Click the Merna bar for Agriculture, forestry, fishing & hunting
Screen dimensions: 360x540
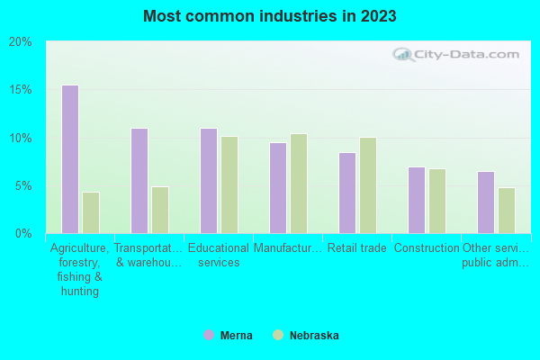click(69, 159)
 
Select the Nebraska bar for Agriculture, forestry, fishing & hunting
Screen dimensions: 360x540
click(91, 212)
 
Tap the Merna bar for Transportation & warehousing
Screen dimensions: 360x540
click(139, 181)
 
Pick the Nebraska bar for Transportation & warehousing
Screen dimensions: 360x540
click(160, 210)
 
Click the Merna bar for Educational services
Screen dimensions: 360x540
click(208, 181)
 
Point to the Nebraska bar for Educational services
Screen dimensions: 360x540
click(229, 184)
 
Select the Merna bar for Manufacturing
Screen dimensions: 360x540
click(277, 188)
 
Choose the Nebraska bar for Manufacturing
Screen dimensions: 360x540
click(299, 184)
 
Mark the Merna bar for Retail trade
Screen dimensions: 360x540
click(346, 193)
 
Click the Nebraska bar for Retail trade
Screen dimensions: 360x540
click(368, 185)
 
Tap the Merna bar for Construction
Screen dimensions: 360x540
click(416, 200)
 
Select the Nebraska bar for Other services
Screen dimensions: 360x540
click(507, 211)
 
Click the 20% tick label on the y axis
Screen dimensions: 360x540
click(21, 42)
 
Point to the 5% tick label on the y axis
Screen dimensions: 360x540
click(23, 186)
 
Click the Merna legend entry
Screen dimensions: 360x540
click(229, 336)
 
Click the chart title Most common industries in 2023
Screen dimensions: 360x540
click(269, 16)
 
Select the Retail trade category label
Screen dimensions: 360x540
click(356, 248)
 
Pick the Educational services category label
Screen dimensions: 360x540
click(219, 256)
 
